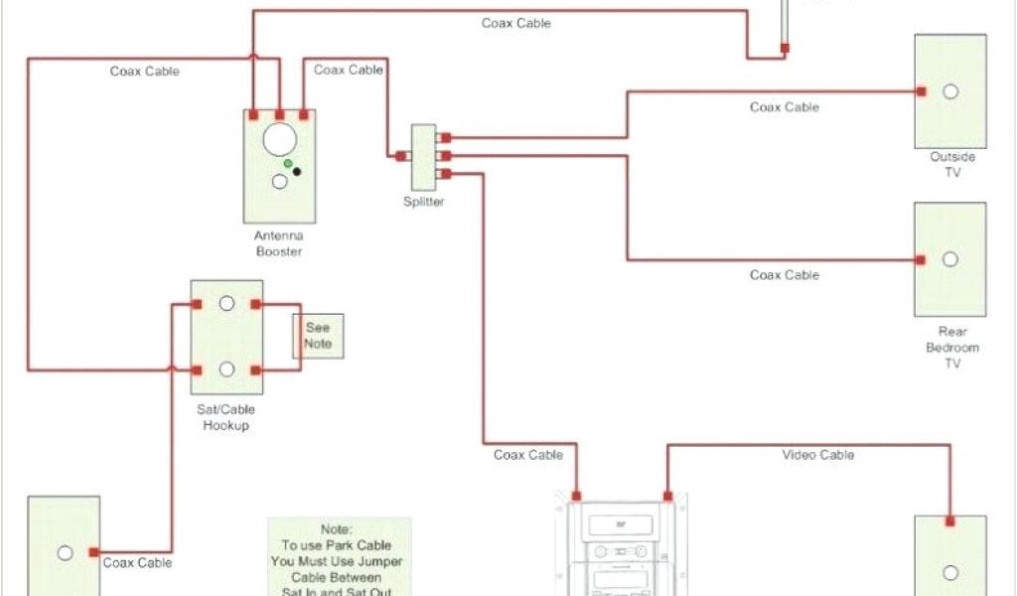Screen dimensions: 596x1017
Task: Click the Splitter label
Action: click(424, 202)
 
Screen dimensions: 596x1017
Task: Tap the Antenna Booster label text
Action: click(279, 243)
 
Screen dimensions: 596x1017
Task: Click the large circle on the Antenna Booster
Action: click(280, 139)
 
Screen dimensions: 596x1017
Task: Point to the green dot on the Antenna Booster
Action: click(288, 162)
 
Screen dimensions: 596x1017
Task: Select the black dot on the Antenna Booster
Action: click(296, 171)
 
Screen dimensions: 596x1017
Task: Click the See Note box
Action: click(318, 336)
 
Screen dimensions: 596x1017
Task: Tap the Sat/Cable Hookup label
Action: click(225, 417)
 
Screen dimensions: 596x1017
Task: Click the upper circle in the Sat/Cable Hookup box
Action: click(226, 303)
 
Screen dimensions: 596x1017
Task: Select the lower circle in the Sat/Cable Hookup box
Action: click(226, 370)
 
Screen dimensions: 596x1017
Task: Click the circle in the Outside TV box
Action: click(950, 91)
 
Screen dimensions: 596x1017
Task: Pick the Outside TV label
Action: click(951, 164)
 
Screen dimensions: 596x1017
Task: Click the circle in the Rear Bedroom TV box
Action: click(950, 259)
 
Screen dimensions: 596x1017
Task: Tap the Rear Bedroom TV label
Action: click(951, 348)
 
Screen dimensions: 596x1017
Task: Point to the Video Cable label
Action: click(818, 455)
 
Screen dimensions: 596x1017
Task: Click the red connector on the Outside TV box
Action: click(922, 91)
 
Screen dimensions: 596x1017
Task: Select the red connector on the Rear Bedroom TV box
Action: click(922, 260)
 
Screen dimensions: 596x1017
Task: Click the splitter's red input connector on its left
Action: click(400, 156)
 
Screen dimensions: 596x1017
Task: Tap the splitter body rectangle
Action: click(424, 157)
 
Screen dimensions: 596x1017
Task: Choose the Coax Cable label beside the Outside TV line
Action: click(785, 107)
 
